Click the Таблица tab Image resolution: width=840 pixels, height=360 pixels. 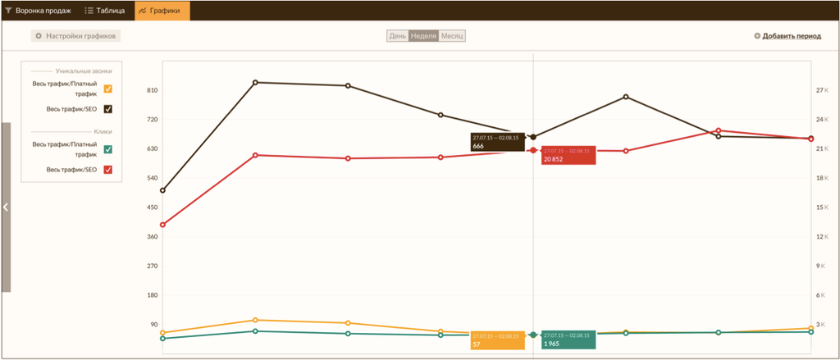[105, 11]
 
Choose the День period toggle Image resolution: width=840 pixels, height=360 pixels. [398, 36]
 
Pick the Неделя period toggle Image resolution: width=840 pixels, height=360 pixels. [423, 36]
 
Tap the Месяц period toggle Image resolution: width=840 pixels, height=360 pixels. [452, 36]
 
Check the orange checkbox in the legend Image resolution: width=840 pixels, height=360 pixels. [108, 89]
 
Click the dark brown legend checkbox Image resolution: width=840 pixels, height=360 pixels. [108, 109]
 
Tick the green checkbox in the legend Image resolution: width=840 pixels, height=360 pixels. [108, 149]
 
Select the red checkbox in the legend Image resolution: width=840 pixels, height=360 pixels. [108, 170]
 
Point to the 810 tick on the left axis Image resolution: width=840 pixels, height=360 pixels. [153, 90]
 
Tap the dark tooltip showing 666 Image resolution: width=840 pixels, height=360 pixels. [496, 142]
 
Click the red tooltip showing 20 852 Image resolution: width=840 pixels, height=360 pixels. [568, 155]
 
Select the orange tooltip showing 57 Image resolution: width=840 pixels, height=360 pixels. [496, 340]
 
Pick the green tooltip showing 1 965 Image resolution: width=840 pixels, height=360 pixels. [568, 340]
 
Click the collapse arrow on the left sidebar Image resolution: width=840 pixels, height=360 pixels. [6, 207]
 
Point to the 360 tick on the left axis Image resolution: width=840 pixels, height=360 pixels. [153, 236]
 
